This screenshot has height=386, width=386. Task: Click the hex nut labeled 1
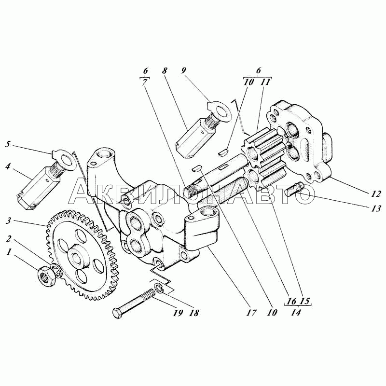coord(46,276)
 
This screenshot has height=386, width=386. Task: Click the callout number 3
coord(9,221)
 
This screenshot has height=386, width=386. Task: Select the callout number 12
coord(376,194)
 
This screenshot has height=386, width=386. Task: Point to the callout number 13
coord(376,209)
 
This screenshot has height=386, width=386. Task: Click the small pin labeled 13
coord(294,188)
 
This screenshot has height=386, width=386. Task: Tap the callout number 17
coord(251,313)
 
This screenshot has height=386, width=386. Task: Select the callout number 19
coord(178,313)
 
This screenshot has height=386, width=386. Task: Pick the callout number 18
coord(194,313)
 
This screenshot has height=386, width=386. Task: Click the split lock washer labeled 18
coord(160,288)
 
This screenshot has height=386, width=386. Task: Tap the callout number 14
coord(296,312)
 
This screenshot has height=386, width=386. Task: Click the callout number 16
coord(291,301)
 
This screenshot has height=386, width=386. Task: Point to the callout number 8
coord(165,71)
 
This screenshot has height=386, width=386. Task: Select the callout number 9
coord(184,70)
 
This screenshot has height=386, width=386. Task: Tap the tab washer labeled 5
coord(64,160)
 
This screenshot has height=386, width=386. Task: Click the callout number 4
coord(8,166)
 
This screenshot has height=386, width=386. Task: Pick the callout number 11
coord(265,82)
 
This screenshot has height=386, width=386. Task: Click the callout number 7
coord(145,83)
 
